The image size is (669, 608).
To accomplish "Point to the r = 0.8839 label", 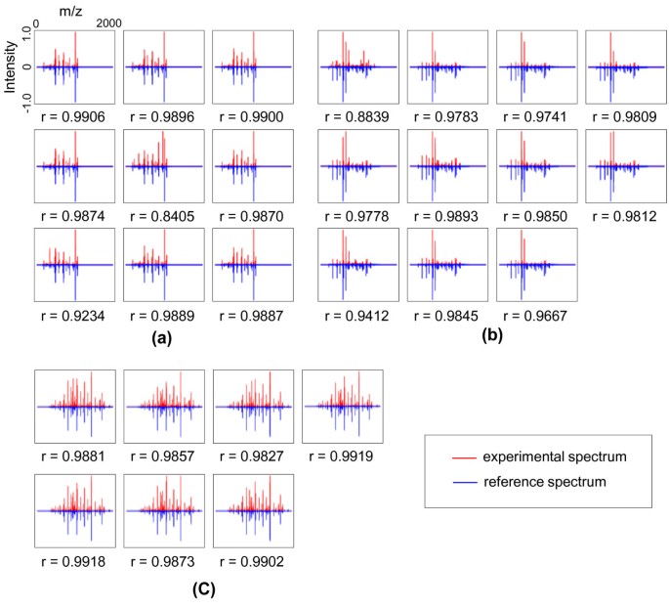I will (359, 115).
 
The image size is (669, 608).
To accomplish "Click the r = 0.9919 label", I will (342, 455).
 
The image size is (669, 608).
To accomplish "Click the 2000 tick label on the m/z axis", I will (108, 22).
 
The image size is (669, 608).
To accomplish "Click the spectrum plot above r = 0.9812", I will (627, 166).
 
